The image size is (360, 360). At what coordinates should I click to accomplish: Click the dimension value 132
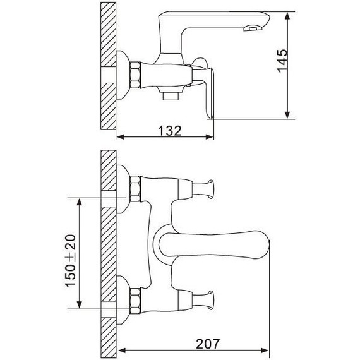[170, 131]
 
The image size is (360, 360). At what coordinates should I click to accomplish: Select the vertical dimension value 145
[282, 61]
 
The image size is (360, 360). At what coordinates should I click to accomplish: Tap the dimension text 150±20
[71, 261]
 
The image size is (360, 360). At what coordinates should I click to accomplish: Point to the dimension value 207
[208, 344]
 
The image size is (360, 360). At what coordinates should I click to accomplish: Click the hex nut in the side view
[135, 75]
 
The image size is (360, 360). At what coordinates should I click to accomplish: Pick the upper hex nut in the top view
[135, 189]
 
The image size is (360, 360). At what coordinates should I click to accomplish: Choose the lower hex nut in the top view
[135, 301]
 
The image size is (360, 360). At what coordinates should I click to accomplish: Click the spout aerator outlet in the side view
[252, 28]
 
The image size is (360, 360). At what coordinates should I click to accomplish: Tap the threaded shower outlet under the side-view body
[171, 96]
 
